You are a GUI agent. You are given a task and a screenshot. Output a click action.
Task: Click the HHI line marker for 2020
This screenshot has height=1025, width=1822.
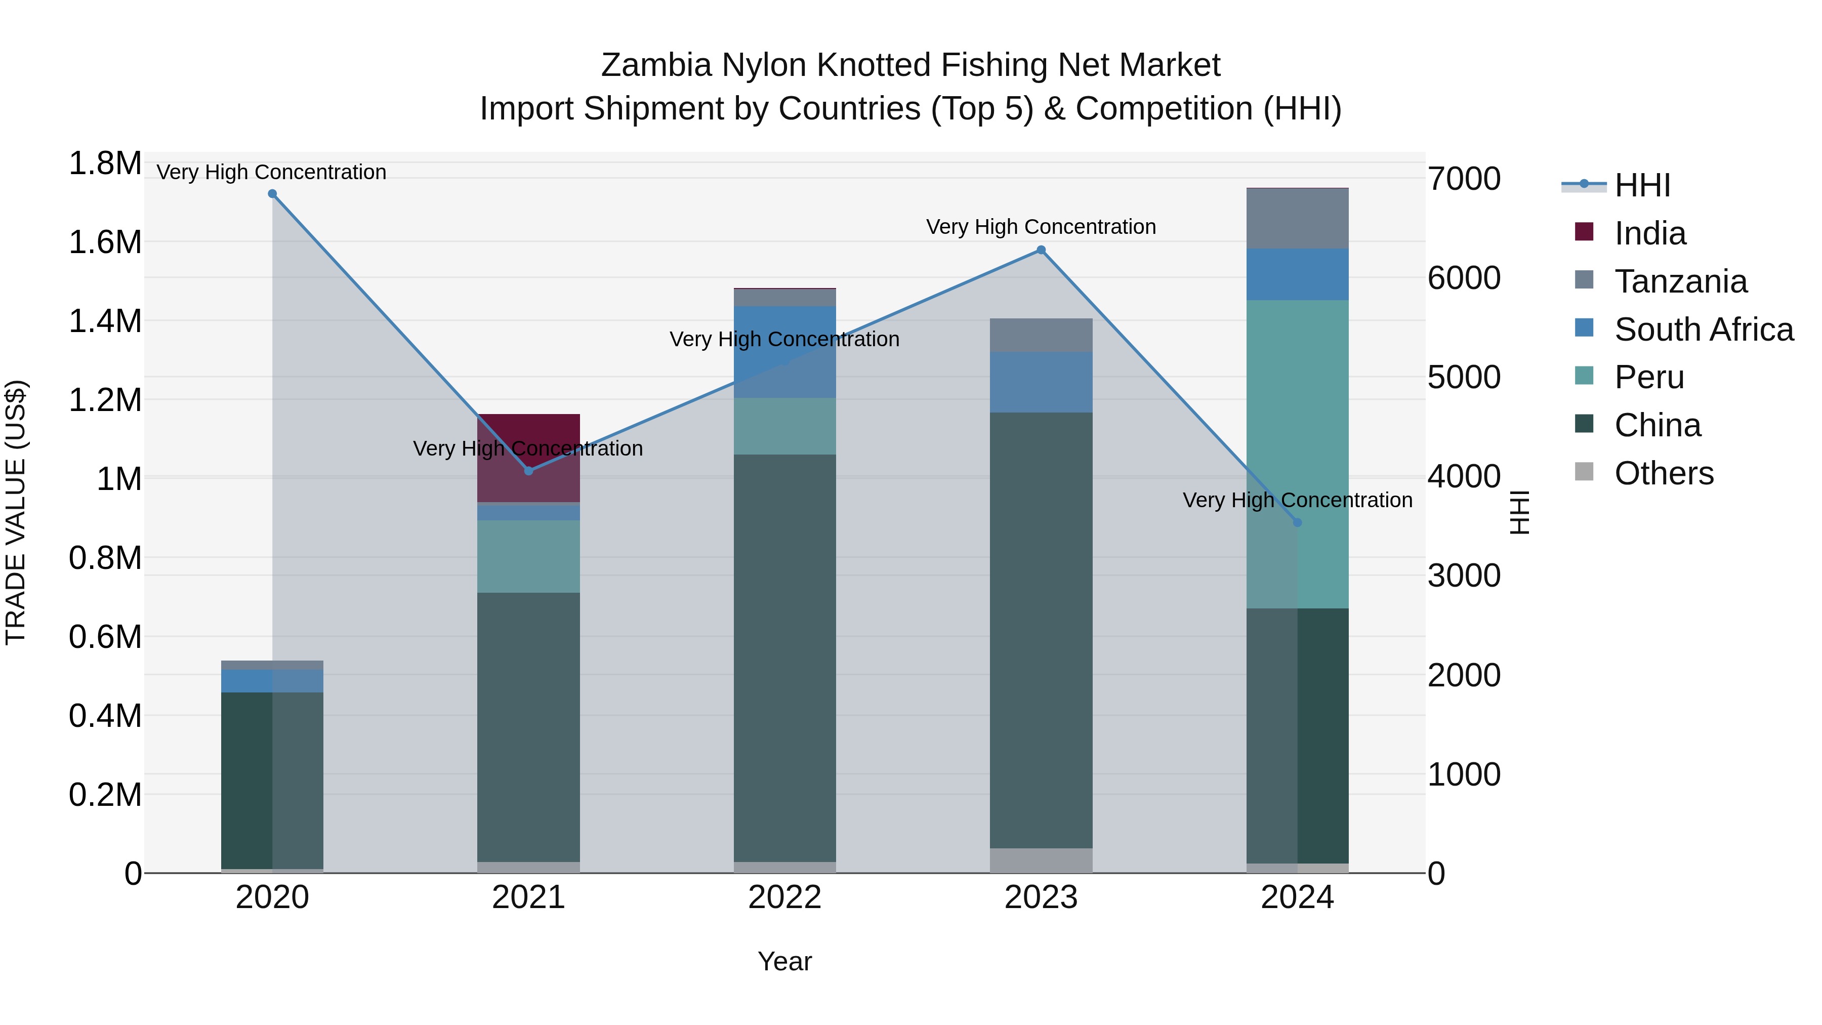272,194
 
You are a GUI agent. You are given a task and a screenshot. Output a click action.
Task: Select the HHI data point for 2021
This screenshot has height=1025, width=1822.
528,470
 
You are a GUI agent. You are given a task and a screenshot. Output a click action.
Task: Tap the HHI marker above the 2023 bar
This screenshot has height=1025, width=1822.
1041,250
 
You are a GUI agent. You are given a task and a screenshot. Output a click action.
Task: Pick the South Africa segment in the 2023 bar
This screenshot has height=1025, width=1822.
1041,382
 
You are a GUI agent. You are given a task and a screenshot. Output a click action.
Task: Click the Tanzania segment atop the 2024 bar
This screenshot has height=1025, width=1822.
1297,218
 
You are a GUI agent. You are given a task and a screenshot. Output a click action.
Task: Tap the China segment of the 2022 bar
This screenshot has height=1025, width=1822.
784,658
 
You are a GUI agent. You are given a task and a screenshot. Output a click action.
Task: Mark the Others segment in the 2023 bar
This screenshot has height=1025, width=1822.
1041,860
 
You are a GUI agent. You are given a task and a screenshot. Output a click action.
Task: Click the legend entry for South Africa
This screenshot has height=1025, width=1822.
1703,330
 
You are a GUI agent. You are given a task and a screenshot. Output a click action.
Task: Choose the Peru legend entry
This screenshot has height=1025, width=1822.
1649,377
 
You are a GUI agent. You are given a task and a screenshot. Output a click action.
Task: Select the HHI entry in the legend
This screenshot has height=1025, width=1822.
1642,185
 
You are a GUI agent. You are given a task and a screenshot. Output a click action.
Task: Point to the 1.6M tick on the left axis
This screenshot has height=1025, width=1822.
105,242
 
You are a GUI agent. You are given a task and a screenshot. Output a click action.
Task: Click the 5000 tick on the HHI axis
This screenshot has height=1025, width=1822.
1463,377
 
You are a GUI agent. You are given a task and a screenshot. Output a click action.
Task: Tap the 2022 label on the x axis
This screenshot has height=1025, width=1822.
784,897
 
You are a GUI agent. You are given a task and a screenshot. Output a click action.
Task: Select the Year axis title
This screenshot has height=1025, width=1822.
784,961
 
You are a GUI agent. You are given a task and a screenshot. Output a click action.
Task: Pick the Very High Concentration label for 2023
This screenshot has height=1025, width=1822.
1041,227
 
